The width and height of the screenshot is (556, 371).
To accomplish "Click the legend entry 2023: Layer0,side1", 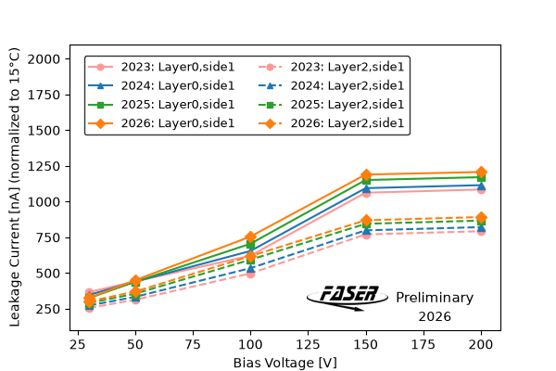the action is (161, 67).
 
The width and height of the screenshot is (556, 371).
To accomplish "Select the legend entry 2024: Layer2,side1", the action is (331, 85).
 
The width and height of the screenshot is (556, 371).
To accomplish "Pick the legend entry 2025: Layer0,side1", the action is (161, 105).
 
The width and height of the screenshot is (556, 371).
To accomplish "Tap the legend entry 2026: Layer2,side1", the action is (331, 123).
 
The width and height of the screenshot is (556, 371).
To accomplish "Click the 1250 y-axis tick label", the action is (44, 166).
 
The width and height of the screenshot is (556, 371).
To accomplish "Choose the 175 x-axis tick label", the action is (423, 344).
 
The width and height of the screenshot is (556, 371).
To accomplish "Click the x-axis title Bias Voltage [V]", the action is (285, 363).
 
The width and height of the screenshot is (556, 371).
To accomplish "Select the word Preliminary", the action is (435, 298).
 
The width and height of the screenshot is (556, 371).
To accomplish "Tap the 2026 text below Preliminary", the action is (435, 316).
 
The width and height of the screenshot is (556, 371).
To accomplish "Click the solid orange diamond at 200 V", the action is (481, 173).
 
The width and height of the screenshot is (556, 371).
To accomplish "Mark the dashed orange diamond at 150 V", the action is (366, 220).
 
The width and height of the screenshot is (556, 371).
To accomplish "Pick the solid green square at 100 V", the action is (250, 245).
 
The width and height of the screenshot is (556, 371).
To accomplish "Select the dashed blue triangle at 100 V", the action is (250, 269).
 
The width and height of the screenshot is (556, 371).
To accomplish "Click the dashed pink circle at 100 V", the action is (250, 274).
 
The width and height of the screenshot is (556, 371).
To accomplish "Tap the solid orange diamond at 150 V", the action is (366, 174).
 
